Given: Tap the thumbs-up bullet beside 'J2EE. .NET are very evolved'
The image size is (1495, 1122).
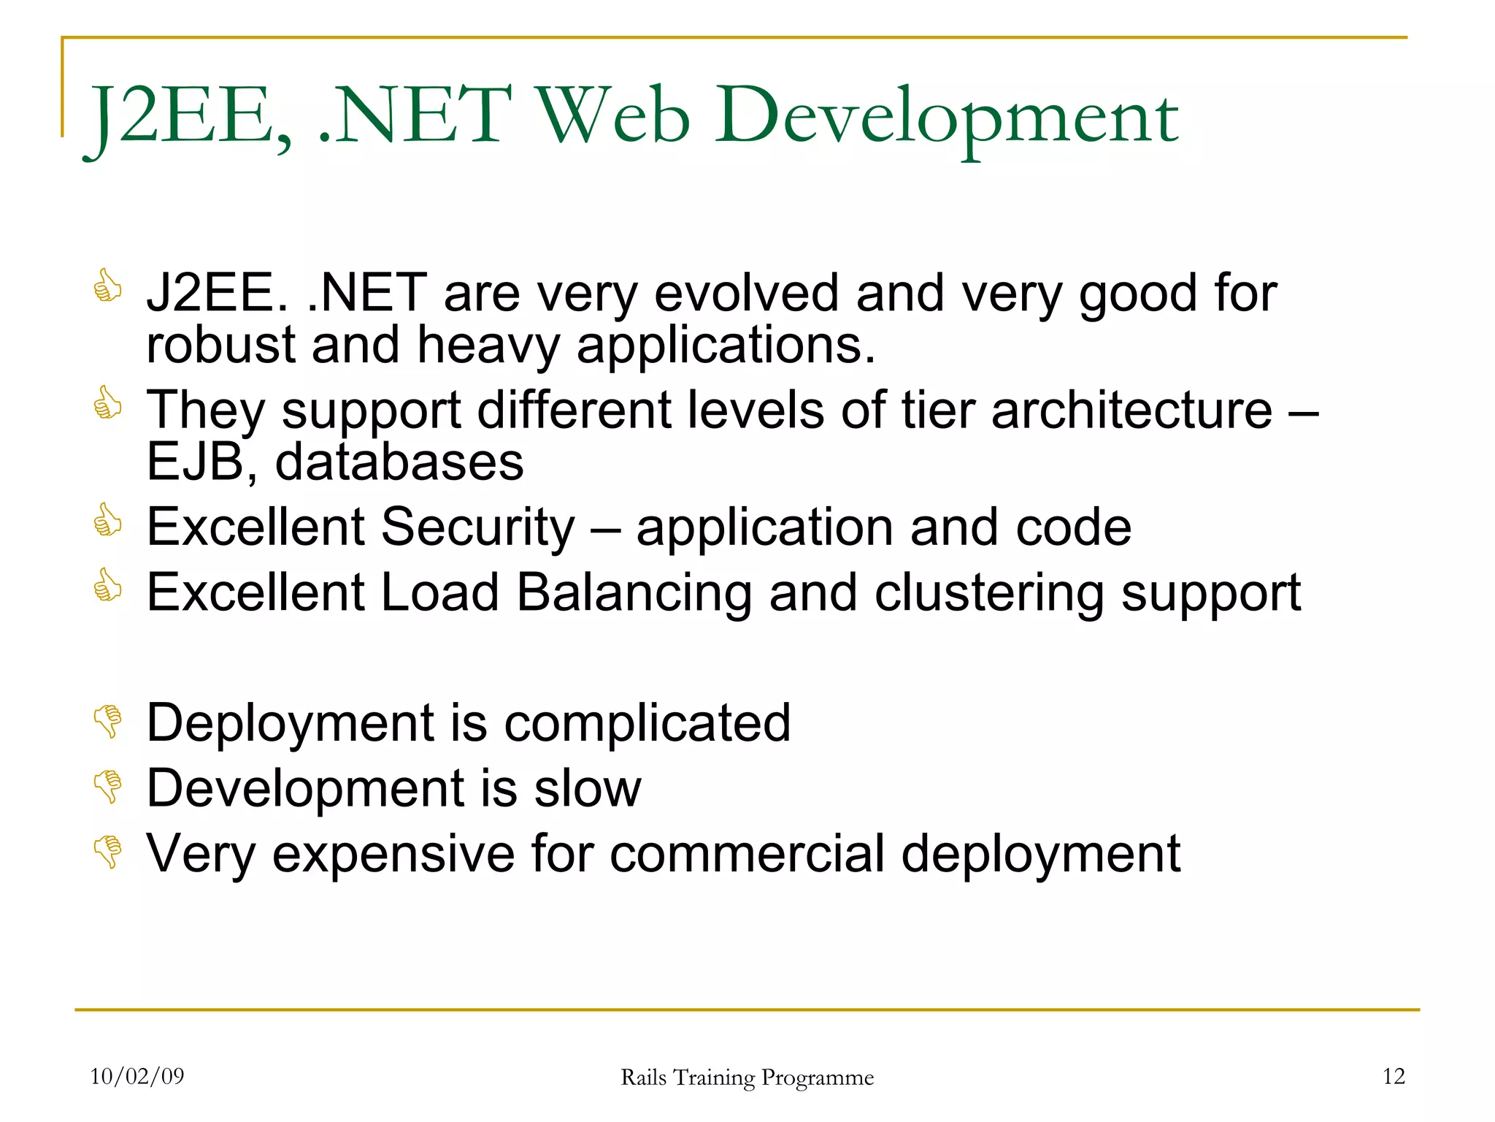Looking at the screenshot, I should click(x=107, y=286).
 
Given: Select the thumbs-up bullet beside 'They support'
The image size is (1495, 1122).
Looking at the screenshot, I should click(x=107, y=402).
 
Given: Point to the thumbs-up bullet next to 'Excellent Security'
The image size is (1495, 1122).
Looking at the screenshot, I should click(x=107, y=520).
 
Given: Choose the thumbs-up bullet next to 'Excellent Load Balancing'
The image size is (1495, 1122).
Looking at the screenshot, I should click(x=107, y=585).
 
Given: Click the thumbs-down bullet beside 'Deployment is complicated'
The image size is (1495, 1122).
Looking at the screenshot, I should click(x=108, y=721).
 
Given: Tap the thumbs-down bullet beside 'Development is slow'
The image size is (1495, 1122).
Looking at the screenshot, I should click(x=108, y=787).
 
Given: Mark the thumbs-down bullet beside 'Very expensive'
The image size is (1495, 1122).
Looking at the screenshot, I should click(x=108, y=852).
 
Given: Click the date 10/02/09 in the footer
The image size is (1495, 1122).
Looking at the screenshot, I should click(x=137, y=1077).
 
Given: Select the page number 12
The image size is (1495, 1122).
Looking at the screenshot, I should click(x=1394, y=1077).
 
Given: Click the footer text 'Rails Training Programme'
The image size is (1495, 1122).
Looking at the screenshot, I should click(x=747, y=1078).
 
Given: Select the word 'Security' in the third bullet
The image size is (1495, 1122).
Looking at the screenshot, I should click(x=477, y=527).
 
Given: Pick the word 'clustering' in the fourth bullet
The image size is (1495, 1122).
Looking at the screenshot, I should click(x=989, y=592).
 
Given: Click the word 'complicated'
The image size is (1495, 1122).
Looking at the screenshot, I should click(x=647, y=723).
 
